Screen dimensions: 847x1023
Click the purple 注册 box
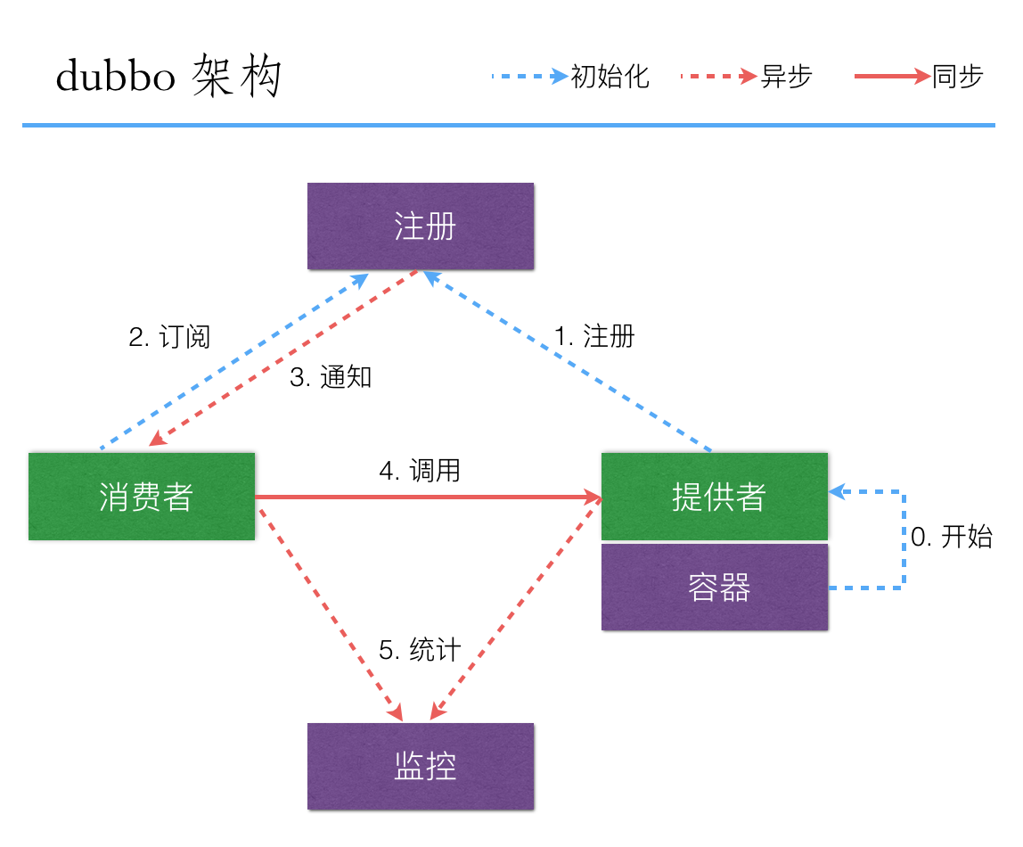tap(421, 226)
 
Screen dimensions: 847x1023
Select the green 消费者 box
tap(142, 497)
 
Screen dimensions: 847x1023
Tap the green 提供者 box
tap(715, 497)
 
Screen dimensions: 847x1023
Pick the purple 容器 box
tap(715, 588)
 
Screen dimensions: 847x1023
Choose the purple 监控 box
tap(421, 766)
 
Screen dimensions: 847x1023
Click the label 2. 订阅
tap(169, 337)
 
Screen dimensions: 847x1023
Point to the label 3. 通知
tap(331, 377)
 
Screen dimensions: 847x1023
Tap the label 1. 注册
tap(594, 336)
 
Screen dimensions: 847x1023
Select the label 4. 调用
tap(420, 470)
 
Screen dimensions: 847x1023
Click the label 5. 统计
tap(420, 650)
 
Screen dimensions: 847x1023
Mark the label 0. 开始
tap(951, 537)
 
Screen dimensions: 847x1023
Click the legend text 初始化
tap(610, 77)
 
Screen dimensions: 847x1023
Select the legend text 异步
tap(786, 77)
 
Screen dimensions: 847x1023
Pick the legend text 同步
tap(957, 77)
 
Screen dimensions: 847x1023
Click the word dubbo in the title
tap(115, 78)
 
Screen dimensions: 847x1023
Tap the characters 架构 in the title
tap(236, 78)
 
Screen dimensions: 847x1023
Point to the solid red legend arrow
tap(891, 77)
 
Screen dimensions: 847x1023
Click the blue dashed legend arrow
tap(529, 77)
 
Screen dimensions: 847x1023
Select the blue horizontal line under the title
tap(508, 126)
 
